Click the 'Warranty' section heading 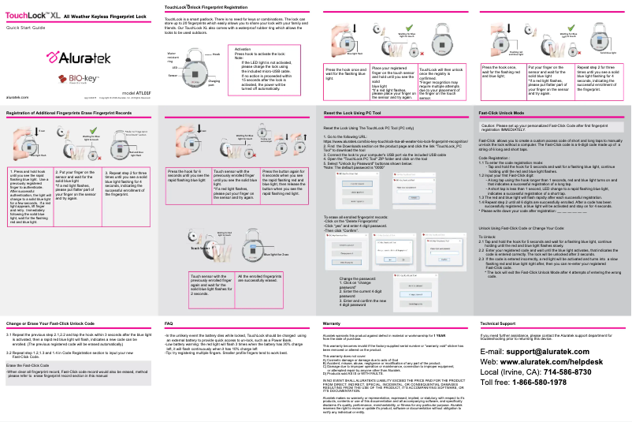coord(332,345)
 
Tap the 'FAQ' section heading coord(169,345)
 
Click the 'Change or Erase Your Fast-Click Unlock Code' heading coord(51,345)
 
